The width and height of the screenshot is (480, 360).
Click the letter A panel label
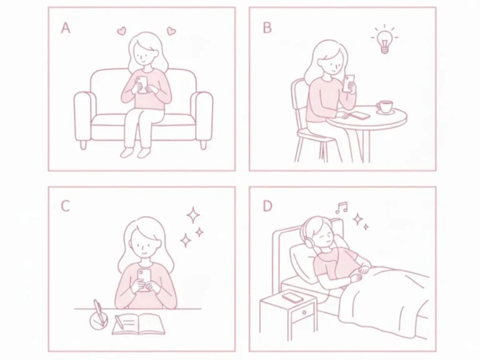[66, 28]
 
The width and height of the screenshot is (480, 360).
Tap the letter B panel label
[267, 28]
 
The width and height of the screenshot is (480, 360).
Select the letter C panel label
[66, 206]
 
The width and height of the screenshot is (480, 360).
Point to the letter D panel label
[267, 206]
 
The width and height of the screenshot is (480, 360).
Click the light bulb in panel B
[384, 40]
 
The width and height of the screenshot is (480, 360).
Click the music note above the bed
[341, 207]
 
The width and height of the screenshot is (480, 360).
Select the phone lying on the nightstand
[292, 297]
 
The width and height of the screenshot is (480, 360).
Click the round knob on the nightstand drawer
[304, 312]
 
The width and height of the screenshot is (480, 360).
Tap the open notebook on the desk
[139, 324]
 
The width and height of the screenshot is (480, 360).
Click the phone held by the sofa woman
[142, 84]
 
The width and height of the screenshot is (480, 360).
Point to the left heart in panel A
[122, 31]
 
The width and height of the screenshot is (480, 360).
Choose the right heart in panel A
[171, 31]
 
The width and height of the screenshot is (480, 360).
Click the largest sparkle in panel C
[193, 215]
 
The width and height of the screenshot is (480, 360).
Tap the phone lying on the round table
[360, 116]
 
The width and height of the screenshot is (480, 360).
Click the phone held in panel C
[144, 279]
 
